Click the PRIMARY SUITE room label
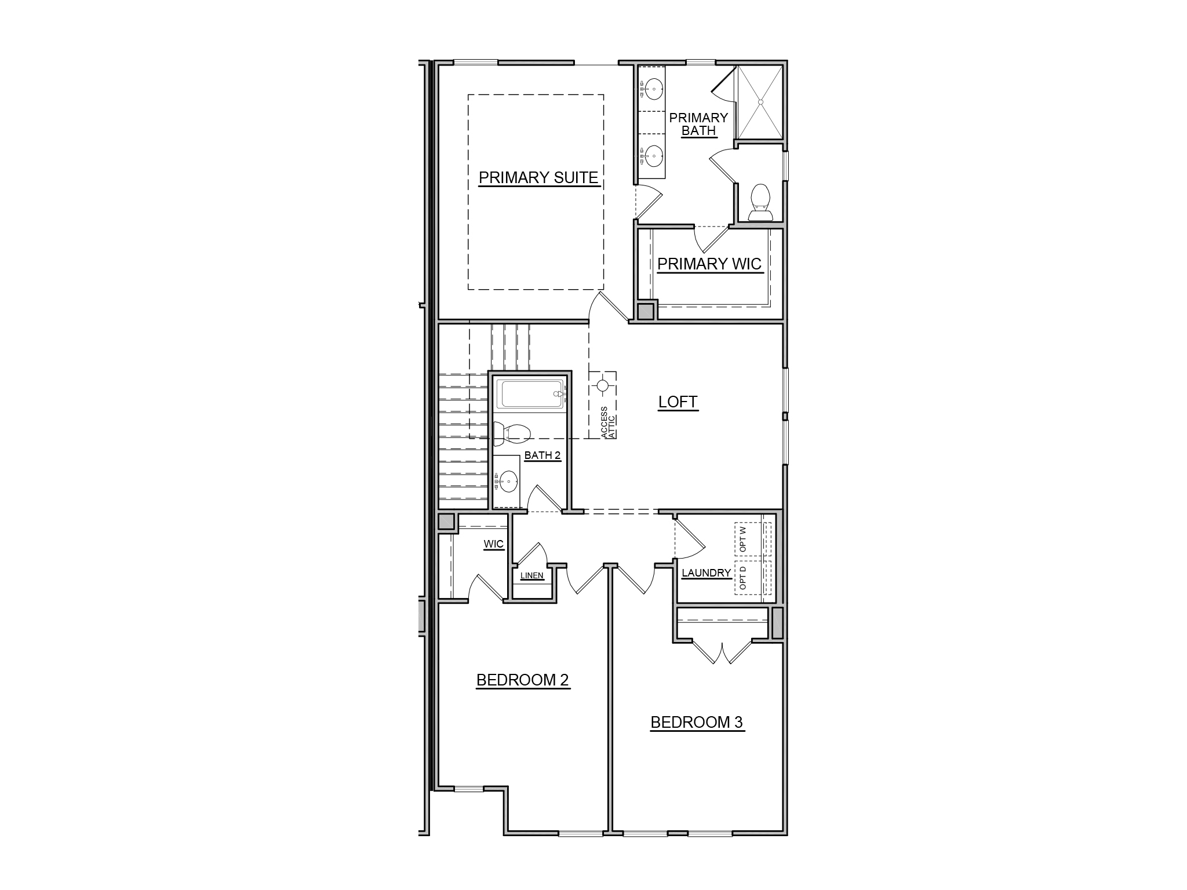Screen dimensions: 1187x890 tap(538, 177)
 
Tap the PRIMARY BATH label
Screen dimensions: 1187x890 tap(698, 124)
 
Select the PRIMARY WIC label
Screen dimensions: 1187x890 tap(709, 264)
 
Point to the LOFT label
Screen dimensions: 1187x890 tap(678, 402)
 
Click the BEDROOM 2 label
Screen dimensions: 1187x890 tap(523, 680)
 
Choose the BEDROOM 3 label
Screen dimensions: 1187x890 tap(697, 722)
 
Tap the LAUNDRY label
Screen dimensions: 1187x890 tap(706, 573)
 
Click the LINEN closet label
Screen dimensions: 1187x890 tap(532, 575)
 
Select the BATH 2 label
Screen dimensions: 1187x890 tap(542, 455)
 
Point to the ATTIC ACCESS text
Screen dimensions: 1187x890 tap(608, 422)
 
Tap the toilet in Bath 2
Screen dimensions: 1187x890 tap(512, 433)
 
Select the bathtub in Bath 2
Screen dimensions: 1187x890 tap(530, 394)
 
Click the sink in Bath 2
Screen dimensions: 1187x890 tap(508, 480)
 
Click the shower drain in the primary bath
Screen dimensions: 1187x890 tap(760, 102)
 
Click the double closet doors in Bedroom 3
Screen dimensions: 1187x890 tap(722, 652)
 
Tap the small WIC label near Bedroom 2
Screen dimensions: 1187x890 tap(494, 545)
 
